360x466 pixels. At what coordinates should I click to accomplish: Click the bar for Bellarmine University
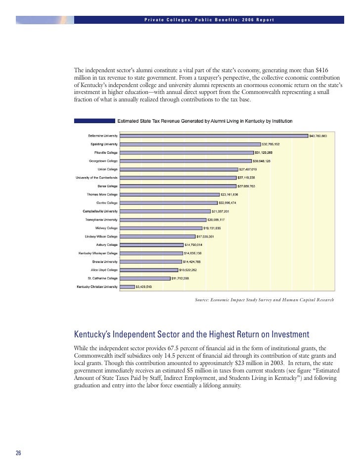(214, 136)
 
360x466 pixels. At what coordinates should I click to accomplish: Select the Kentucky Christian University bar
(128, 286)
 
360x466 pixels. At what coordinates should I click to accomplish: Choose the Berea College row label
(108, 186)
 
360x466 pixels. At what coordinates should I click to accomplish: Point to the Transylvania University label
(101, 219)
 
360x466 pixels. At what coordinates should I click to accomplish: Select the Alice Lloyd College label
(104, 270)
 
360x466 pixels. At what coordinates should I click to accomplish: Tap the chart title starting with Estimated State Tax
(204, 121)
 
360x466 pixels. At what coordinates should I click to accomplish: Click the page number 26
(19, 454)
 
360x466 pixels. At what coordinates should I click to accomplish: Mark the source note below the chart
(265, 300)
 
